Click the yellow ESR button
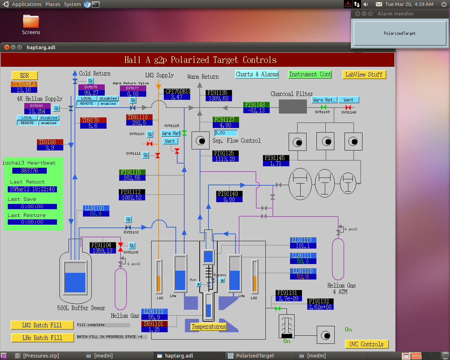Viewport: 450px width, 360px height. point(25,76)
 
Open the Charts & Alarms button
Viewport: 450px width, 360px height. point(257,74)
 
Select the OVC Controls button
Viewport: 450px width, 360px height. point(366,344)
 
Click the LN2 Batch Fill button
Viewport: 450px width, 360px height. point(42,325)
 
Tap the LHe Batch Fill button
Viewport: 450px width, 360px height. point(42,338)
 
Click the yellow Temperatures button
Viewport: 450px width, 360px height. point(208,327)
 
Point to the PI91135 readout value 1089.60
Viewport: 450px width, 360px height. point(219,98)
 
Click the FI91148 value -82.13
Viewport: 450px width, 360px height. point(256,110)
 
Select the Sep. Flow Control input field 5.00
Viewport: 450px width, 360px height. point(226,133)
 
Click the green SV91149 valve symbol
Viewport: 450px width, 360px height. point(323,107)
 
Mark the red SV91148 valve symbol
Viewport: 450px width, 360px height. point(348,108)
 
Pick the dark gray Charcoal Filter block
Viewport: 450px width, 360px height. point(293,107)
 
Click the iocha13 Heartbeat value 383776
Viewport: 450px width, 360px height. point(30,171)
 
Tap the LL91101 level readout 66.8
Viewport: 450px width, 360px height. point(96,214)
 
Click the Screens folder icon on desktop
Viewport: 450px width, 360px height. point(31,21)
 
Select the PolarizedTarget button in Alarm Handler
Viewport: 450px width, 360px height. point(400,33)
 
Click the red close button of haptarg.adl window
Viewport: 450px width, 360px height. point(7,47)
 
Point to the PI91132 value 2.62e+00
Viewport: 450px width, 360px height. point(320,307)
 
